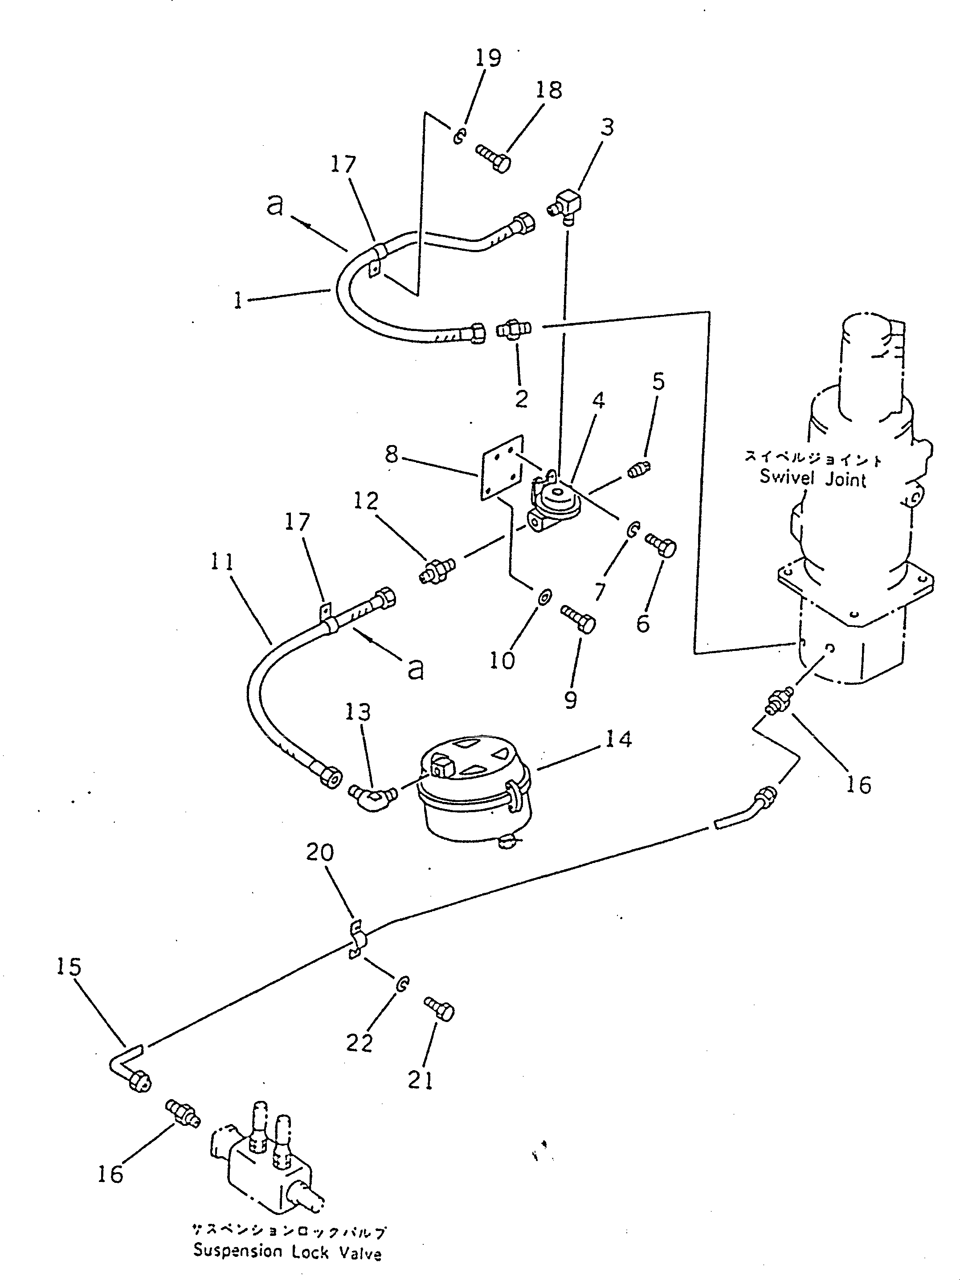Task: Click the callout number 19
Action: pyautogui.click(x=488, y=58)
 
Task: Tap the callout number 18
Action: pyautogui.click(x=548, y=90)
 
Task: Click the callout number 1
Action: pyautogui.click(x=238, y=300)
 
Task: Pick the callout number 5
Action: pyautogui.click(x=658, y=382)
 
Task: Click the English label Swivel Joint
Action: pyautogui.click(x=813, y=478)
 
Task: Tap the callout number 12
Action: pyautogui.click(x=366, y=501)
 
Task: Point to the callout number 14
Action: pyautogui.click(x=619, y=739)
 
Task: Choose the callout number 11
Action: pyautogui.click(x=222, y=562)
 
